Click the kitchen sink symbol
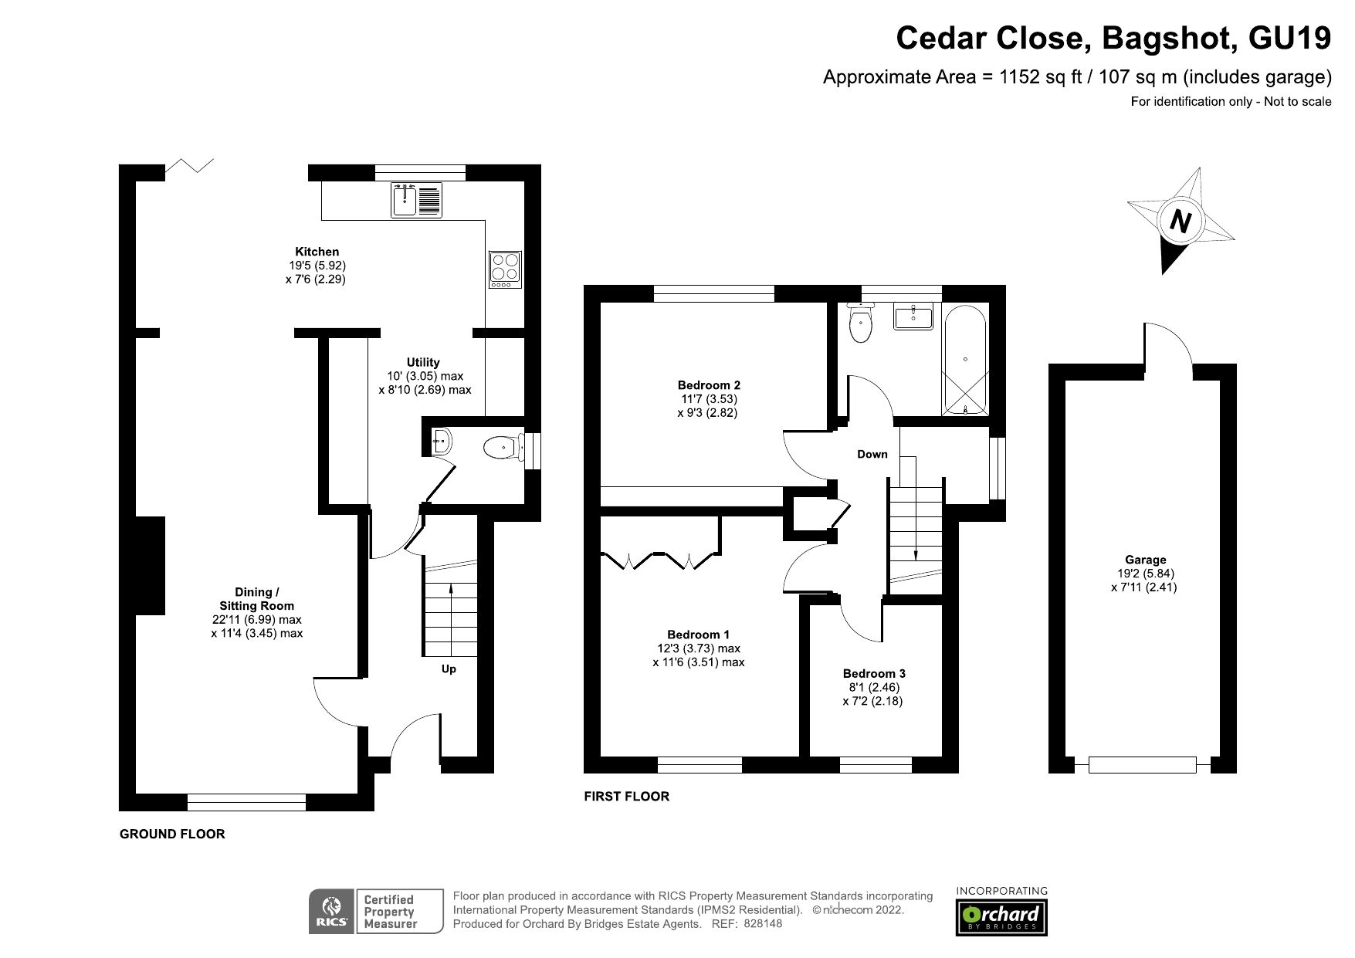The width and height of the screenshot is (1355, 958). coord(416,200)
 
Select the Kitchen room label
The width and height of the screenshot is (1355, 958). coord(317,252)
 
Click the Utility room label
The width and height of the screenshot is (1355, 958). coord(423,362)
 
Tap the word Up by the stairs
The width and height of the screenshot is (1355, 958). coord(449,669)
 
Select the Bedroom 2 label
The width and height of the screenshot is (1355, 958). coord(709,385)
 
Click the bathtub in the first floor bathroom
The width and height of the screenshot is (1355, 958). coord(965,361)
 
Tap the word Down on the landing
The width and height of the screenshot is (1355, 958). coord(872,454)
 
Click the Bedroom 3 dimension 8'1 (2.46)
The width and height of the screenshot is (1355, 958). coord(873,687)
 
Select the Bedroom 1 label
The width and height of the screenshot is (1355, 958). coord(698,635)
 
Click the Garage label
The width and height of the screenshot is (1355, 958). coord(1145,560)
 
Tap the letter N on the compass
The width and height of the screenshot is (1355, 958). coord(1180,222)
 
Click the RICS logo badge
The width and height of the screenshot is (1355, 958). coord(332,912)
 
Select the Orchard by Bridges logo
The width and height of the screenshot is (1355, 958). coord(1002,917)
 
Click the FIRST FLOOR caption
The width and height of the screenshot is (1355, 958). coord(626,796)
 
